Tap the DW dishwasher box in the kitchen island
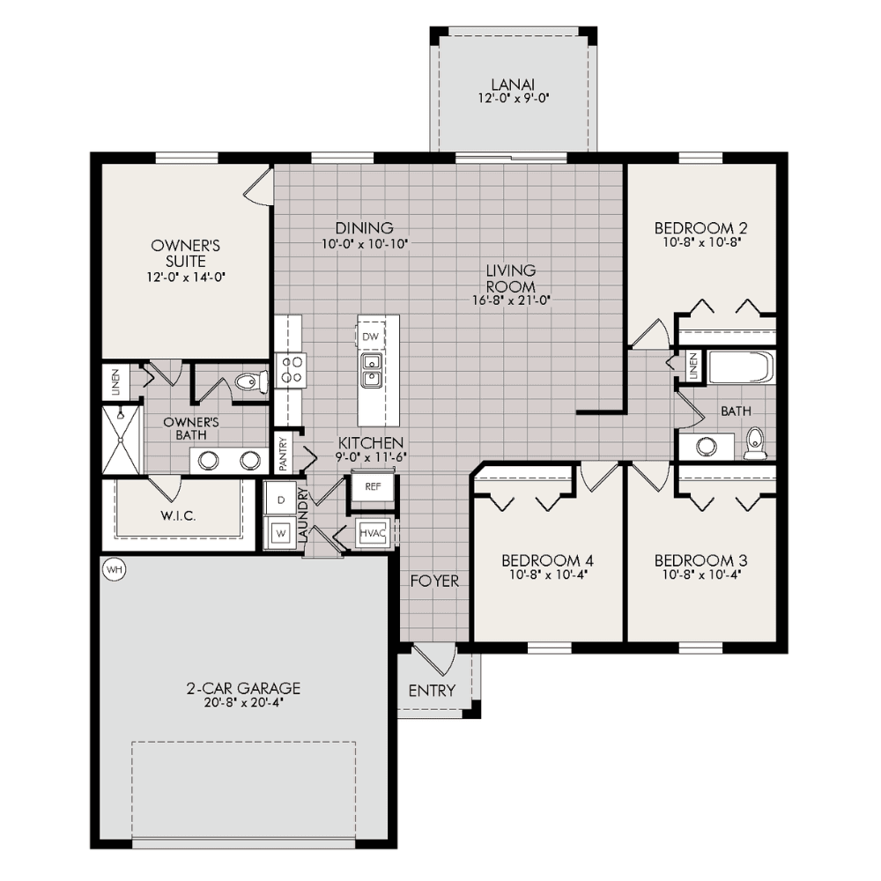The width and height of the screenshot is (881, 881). coord(370,337)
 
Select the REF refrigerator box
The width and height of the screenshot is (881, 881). coord(372,486)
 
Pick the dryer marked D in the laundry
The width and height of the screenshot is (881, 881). coord(282,500)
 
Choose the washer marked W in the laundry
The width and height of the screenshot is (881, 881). coord(282,533)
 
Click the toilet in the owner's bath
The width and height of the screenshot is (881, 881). coord(250,382)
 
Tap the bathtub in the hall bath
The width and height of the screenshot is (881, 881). coord(741,367)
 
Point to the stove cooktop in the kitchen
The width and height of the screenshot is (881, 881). coord(291,370)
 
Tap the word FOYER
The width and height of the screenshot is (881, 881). coord(434,581)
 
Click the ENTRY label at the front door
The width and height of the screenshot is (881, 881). coord(432,690)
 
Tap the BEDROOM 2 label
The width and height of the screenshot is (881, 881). coord(700,226)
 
